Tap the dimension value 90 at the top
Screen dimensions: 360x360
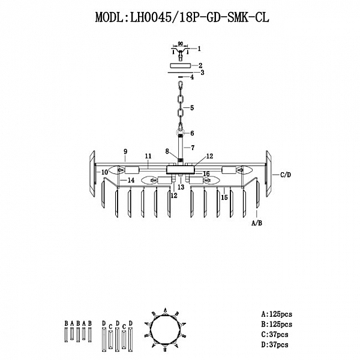click(x=180, y=43)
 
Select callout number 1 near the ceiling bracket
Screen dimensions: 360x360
click(x=200, y=49)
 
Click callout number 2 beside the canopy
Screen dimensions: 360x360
click(x=200, y=65)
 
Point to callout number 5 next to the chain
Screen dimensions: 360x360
click(x=192, y=108)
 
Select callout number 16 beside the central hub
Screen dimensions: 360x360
click(x=206, y=174)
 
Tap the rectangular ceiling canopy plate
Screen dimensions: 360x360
click(x=180, y=65)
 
